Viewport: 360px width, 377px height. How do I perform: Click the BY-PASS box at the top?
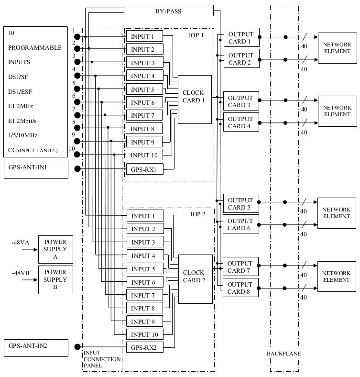tap(168, 10)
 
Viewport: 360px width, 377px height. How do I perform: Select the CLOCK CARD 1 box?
tap(195, 99)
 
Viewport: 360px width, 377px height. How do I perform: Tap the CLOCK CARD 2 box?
tap(195, 279)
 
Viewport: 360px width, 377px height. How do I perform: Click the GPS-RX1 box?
tap(144, 169)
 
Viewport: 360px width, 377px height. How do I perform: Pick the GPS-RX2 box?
tap(144, 347)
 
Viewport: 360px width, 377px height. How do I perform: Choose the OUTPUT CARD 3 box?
tap(240, 101)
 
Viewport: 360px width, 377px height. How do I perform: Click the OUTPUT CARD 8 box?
tap(240, 288)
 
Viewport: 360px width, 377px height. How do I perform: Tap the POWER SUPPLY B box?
tap(55, 279)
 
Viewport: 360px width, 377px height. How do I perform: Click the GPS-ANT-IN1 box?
tap(35, 169)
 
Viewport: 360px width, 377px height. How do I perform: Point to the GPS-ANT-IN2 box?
tap(35, 345)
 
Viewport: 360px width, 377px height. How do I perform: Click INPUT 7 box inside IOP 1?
tap(144, 116)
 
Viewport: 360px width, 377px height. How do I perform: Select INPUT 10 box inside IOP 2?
tap(144, 334)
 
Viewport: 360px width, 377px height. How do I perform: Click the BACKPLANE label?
tap(284, 354)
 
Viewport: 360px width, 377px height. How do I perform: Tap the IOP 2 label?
tap(197, 214)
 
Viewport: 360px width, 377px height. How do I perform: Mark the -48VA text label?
tap(21, 243)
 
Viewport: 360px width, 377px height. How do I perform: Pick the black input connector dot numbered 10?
tap(77, 155)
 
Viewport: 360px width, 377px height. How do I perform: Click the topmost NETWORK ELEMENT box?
tap(337, 48)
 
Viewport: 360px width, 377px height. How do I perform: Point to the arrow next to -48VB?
tap(28, 279)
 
